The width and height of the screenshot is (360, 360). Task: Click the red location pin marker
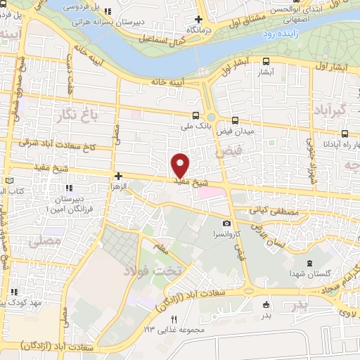point(181,165)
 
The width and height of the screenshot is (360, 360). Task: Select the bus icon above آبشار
point(266,61)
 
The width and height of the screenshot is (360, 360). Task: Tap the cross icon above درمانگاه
point(199,19)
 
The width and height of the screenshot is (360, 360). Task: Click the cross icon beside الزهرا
point(119,176)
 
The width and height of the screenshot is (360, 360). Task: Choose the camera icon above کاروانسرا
point(217,223)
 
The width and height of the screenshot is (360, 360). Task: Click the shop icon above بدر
point(266,304)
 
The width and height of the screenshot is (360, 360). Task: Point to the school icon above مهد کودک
point(13,292)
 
